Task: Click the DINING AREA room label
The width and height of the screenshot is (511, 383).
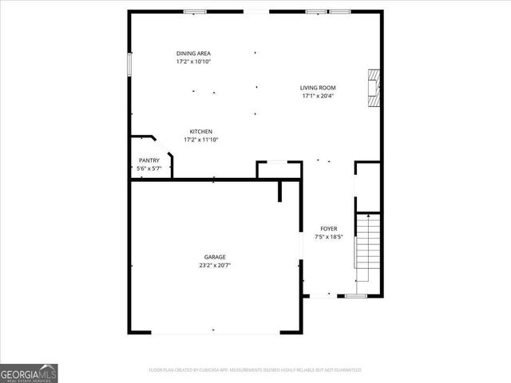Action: click(193, 53)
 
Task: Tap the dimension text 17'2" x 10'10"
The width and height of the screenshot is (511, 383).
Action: click(193, 61)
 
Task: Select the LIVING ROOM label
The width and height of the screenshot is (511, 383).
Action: click(318, 88)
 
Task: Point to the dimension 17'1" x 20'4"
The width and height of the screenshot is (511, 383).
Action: click(318, 96)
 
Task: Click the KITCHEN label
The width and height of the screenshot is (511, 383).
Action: click(200, 132)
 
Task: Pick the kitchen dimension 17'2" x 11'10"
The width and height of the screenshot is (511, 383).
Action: click(200, 140)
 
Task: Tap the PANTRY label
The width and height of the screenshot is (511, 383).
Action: click(149, 160)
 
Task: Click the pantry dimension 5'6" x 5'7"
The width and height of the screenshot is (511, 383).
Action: click(149, 168)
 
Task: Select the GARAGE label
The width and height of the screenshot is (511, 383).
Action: click(214, 257)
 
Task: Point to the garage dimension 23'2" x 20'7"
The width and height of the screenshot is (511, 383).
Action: click(214, 265)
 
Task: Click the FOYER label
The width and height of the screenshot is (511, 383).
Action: click(329, 228)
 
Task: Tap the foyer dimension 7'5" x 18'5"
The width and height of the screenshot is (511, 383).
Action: click(329, 236)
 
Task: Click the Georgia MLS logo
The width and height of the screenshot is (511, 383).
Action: click(30, 373)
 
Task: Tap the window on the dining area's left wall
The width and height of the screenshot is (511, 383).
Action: click(130, 65)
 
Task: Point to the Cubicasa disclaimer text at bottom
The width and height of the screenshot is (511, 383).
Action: click(255, 370)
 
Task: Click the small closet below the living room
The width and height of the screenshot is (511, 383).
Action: click(279, 170)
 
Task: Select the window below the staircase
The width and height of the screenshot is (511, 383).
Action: click(356, 296)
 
